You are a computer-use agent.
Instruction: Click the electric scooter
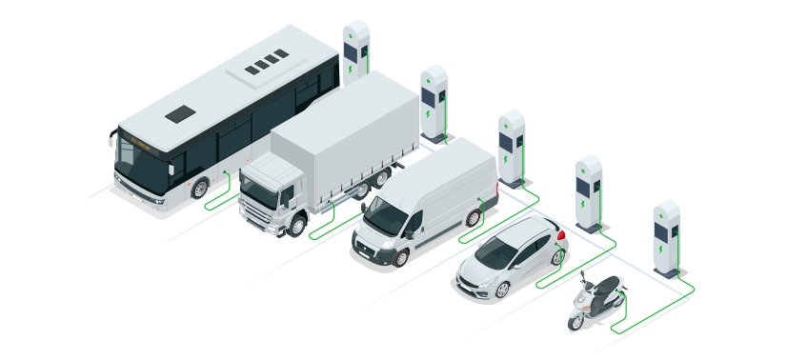click(x=594, y=303)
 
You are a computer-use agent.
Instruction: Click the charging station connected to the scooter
click(x=666, y=238)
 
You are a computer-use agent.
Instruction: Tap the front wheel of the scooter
click(x=576, y=320)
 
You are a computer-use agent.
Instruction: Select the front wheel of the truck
click(x=296, y=226)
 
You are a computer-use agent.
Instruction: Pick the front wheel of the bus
click(x=199, y=188)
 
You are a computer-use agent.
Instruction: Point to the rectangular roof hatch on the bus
click(x=179, y=114)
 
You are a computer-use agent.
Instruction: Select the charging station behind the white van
click(x=512, y=147)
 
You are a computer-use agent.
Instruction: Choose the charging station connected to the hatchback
click(x=589, y=191)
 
